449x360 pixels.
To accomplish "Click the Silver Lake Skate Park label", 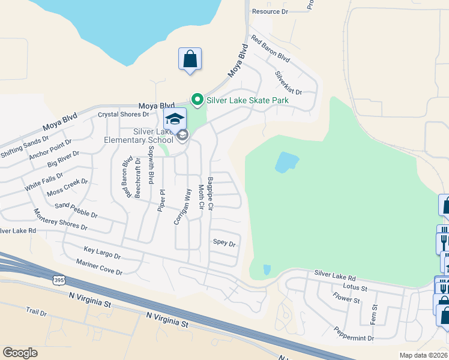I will [x=247, y=100].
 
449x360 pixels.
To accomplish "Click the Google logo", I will [x=20, y=353].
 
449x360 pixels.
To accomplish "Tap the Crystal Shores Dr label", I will [x=123, y=115].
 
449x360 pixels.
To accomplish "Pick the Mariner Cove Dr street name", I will [x=99, y=267].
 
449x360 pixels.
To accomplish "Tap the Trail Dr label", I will [x=36, y=312].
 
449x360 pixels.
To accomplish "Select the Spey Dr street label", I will [x=224, y=243].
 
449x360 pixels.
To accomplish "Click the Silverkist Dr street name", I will [x=288, y=82].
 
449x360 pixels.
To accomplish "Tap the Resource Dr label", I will [x=270, y=11].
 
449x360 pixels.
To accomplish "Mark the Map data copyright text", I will [x=423, y=355].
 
